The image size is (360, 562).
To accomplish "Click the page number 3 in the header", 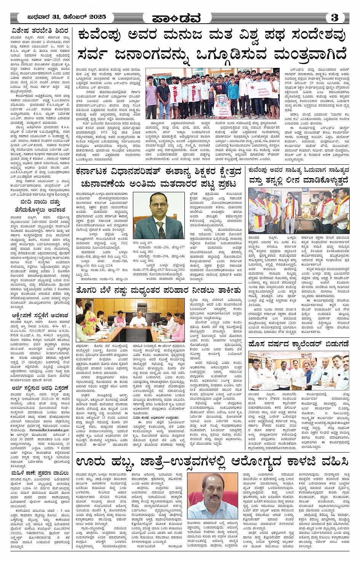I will tap(335, 17).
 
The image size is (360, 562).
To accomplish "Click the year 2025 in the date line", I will tap(97, 17).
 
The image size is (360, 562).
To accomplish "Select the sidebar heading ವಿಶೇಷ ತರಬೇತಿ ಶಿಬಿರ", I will tap(40, 31).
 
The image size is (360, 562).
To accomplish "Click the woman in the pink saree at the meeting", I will tap(90, 318).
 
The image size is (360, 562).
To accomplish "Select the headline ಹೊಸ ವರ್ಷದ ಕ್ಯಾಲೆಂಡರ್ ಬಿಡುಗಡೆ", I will tap(298, 344).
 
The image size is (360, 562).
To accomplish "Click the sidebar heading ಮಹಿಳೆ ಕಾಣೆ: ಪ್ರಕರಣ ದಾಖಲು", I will tap(40, 473).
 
